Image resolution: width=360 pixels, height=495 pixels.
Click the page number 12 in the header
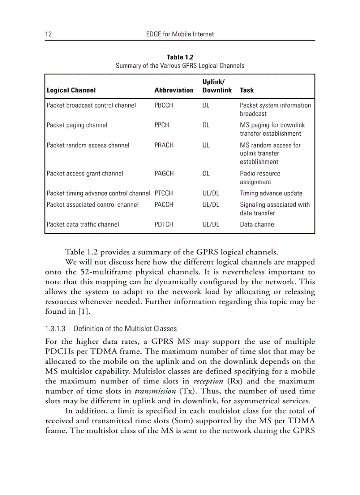(x=49, y=34)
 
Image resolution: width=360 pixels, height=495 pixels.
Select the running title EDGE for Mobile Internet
(x=180, y=34)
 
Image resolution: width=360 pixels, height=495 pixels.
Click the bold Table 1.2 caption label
(x=180, y=57)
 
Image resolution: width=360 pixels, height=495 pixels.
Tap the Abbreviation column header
(x=174, y=90)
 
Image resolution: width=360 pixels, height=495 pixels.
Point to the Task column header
(x=247, y=90)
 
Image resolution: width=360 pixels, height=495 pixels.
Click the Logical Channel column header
(x=71, y=90)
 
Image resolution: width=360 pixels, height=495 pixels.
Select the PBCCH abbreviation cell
(x=164, y=105)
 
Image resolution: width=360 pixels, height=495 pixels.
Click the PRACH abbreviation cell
(x=164, y=145)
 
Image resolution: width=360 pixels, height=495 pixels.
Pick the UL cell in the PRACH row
(x=206, y=145)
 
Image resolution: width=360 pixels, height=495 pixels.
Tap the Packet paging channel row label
(x=77, y=125)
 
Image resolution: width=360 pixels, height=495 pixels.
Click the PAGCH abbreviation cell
(x=164, y=174)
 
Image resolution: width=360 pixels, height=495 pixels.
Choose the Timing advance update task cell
(x=271, y=193)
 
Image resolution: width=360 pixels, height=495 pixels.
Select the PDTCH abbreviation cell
(x=164, y=224)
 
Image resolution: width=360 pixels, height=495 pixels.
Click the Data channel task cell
(x=258, y=224)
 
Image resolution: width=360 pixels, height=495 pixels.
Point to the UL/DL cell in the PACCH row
(x=210, y=205)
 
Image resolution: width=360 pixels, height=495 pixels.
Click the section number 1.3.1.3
(x=55, y=328)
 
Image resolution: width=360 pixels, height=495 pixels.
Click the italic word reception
(x=208, y=381)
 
